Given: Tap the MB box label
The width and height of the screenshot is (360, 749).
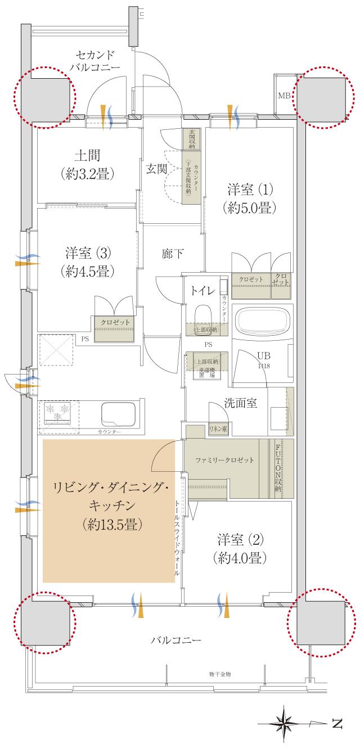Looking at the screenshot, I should [x=284, y=96].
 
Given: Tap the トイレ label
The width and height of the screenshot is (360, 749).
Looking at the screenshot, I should [x=201, y=291].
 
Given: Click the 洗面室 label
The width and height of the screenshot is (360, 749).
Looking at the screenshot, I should [x=241, y=404].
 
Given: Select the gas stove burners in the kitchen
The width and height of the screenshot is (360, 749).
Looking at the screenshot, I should [x=57, y=413].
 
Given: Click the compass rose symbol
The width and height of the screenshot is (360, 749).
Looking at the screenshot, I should [x=287, y=723].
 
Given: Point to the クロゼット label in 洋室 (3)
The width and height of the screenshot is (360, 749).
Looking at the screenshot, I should [x=115, y=322].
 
